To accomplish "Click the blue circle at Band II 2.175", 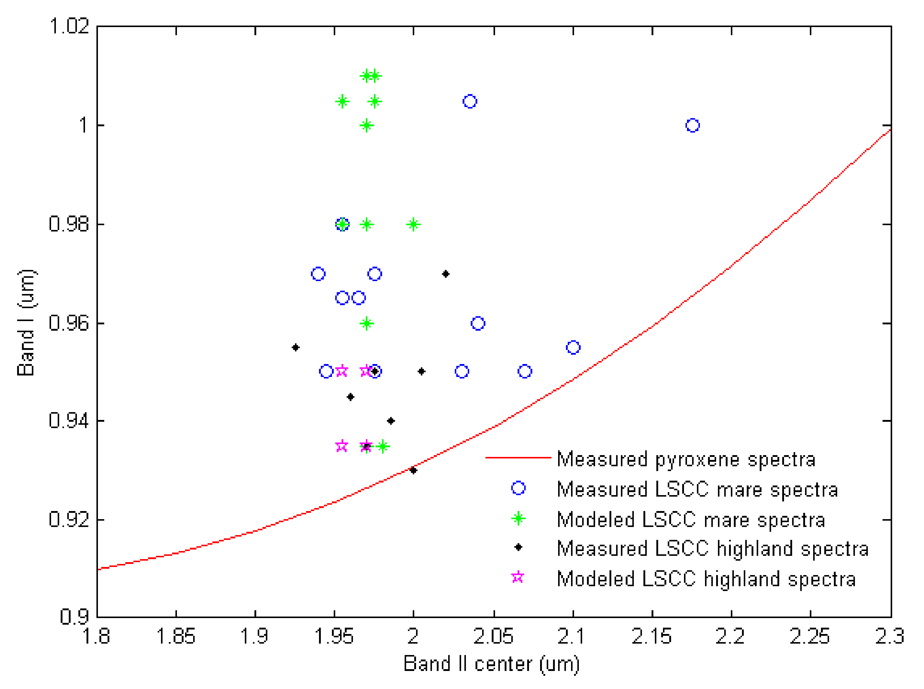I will coord(692,125).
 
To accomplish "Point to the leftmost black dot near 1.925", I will coord(296,348).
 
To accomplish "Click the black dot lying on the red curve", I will coord(413,470).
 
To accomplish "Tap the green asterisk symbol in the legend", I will coord(518,519).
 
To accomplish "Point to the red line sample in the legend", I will coord(518,458).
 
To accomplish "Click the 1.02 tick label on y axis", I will coord(69,26).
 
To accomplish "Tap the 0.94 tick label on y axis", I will coord(69,421).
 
